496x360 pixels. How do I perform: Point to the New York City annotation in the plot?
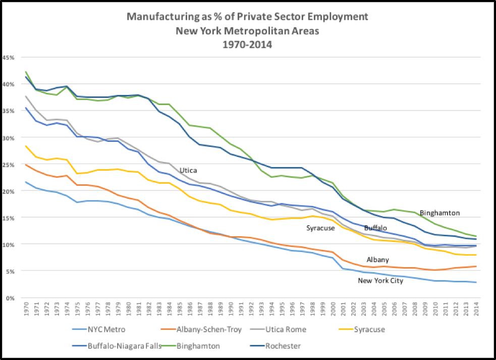tap(380, 281)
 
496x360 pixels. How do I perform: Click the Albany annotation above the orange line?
tap(377, 260)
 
